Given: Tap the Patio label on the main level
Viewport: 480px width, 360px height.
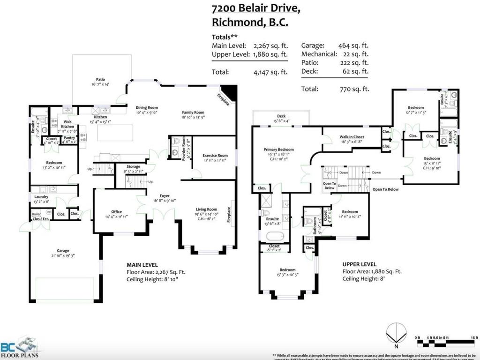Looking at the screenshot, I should [100, 80].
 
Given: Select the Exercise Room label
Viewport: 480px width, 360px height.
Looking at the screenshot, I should [215, 156].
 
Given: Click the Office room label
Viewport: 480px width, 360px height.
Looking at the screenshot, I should [116, 212].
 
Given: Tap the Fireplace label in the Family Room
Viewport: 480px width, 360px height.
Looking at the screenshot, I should [223, 99].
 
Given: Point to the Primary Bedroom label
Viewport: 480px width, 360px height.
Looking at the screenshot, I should [277, 150].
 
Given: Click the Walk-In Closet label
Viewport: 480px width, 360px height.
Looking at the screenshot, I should [351, 137].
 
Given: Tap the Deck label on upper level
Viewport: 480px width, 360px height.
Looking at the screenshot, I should [281, 116].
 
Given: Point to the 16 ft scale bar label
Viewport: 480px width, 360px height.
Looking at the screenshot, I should [473, 337].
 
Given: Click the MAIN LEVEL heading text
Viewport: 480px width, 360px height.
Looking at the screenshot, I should [142, 264].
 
